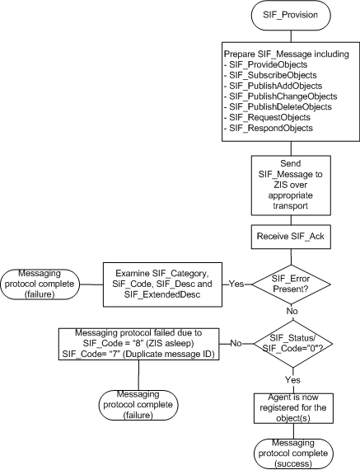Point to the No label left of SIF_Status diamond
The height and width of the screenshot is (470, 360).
pos(236,343)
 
